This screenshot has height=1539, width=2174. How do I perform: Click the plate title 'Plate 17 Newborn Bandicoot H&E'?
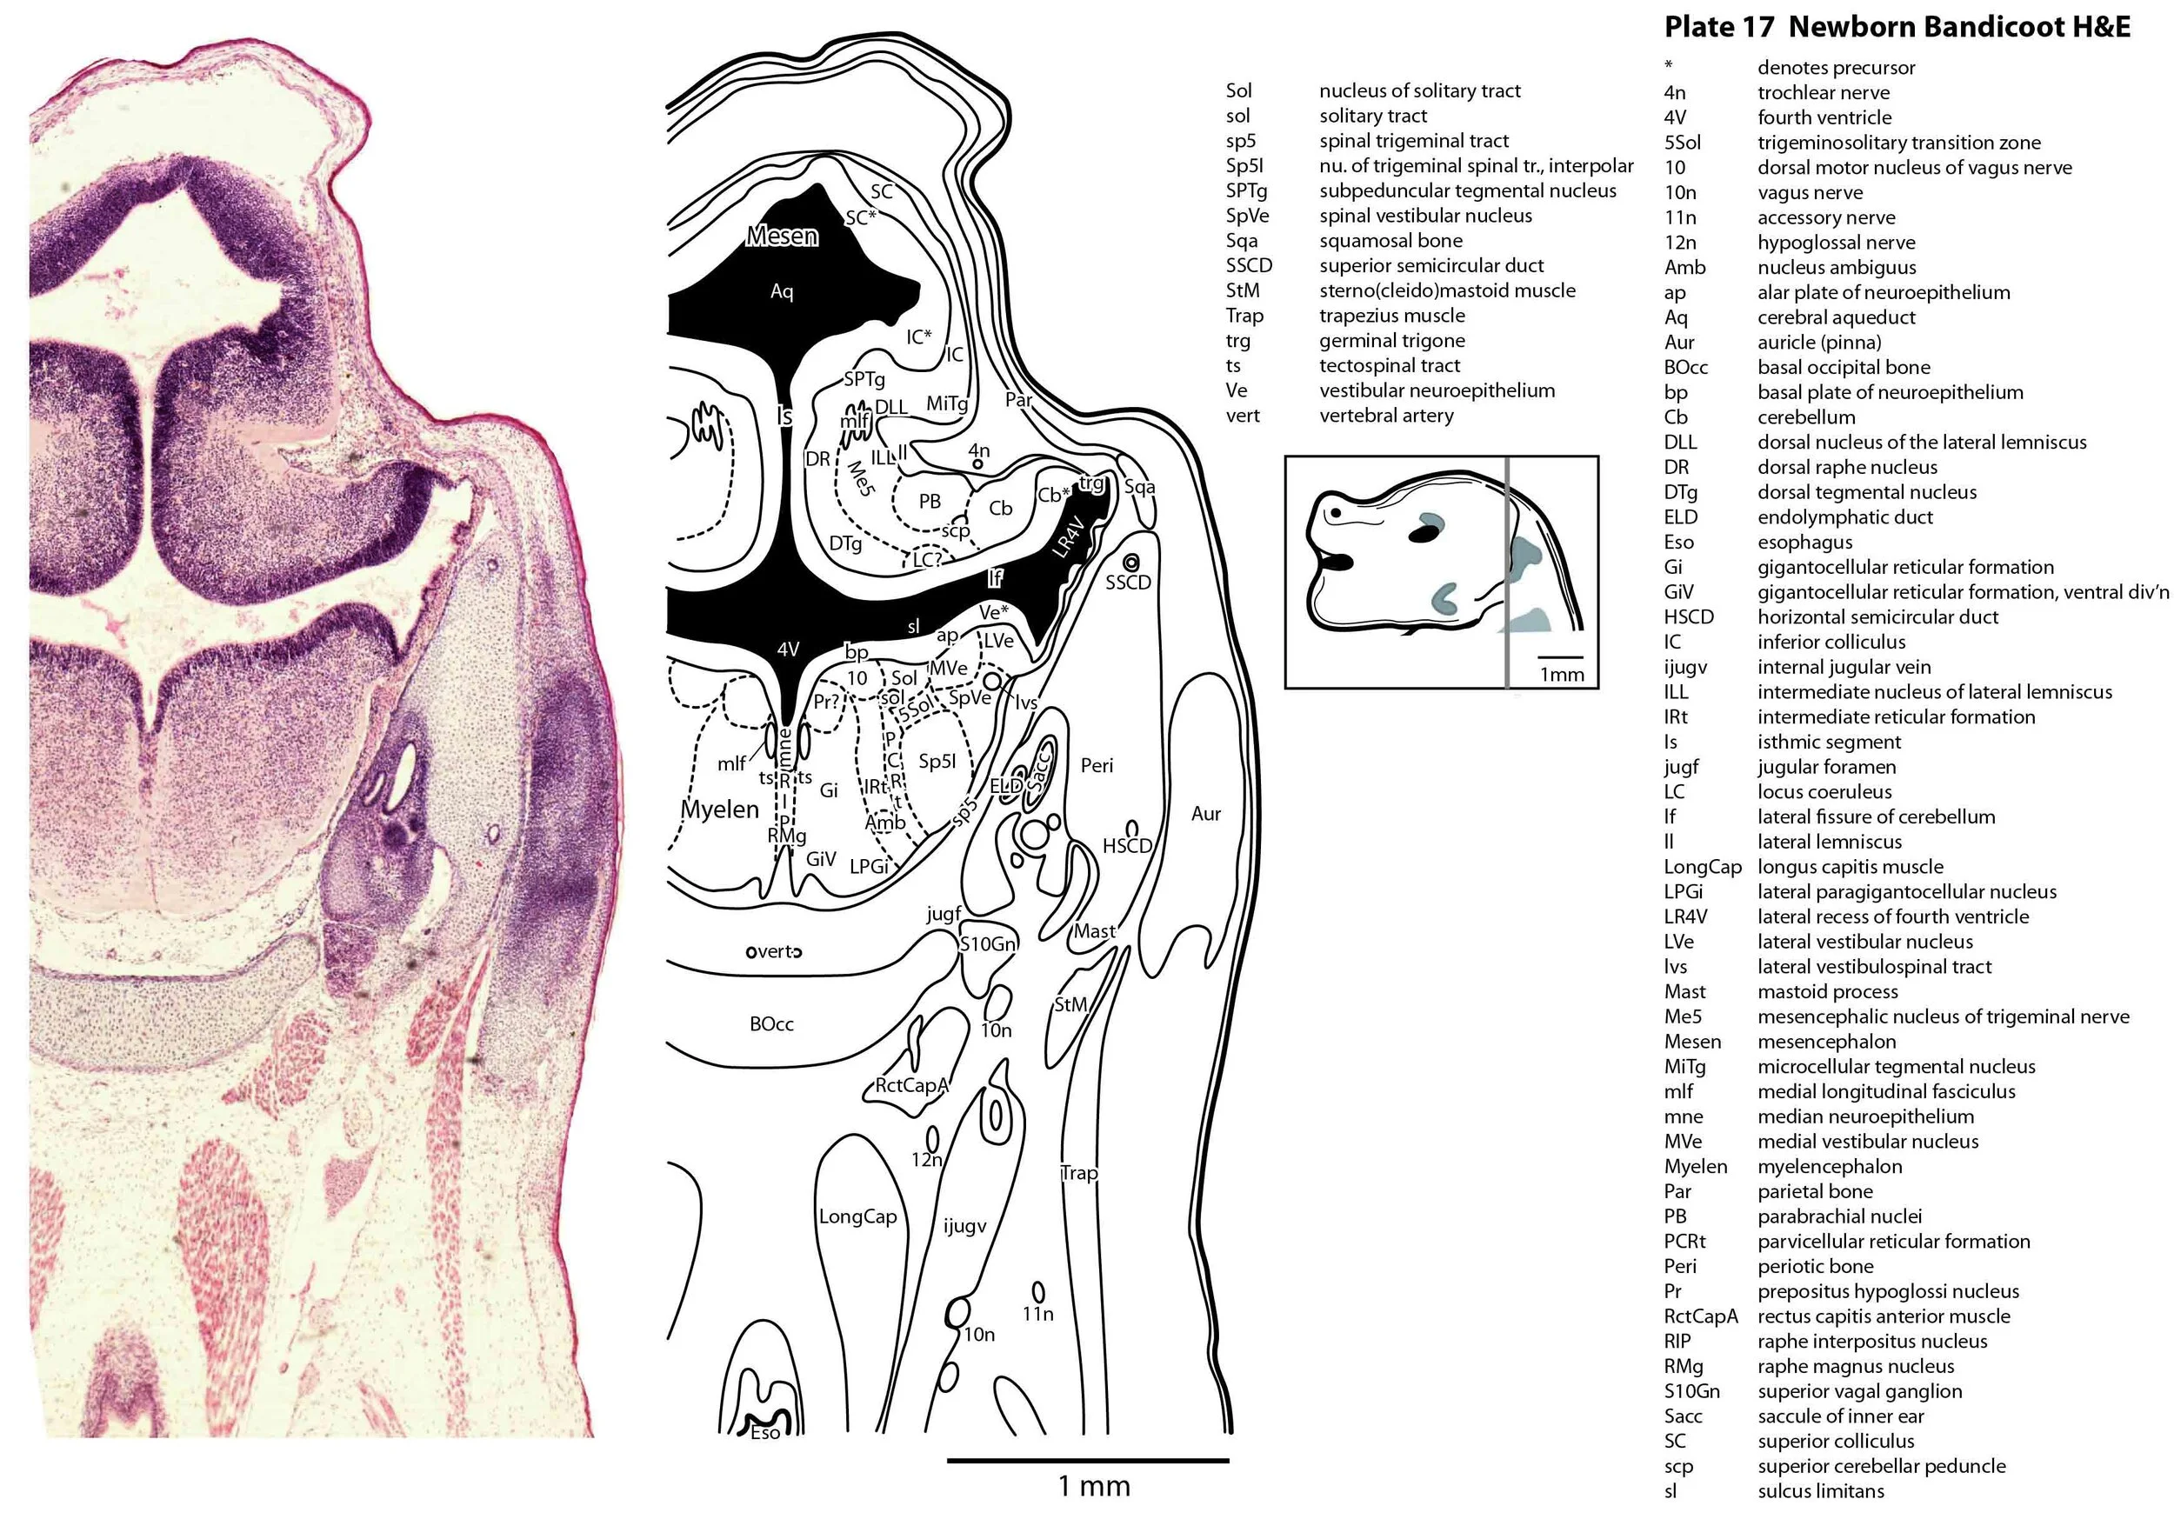[x=1897, y=27]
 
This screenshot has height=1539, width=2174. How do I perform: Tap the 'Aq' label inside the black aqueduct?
[x=781, y=291]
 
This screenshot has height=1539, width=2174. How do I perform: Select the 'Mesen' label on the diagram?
[x=781, y=236]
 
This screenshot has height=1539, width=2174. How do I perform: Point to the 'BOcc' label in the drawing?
[x=770, y=1024]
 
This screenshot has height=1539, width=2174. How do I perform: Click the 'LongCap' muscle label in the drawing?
[x=857, y=1216]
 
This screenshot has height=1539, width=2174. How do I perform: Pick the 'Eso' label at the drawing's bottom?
[x=764, y=1433]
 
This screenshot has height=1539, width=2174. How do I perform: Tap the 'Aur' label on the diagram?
[x=1205, y=814]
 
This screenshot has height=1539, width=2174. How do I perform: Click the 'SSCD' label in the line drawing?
[x=1128, y=583]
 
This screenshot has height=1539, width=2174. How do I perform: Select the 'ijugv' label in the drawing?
[x=964, y=1226]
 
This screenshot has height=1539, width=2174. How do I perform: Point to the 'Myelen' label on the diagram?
[x=719, y=809]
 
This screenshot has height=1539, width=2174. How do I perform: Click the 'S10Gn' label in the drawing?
[x=988, y=944]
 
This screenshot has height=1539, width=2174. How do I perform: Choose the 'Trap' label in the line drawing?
[x=1078, y=1173]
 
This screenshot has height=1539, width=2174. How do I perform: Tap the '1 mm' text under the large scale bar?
[x=1094, y=1486]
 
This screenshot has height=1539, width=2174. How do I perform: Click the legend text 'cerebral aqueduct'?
[x=1836, y=317]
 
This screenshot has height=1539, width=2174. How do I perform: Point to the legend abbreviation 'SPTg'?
[x=1246, y=190]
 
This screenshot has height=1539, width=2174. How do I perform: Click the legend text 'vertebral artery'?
[x=1385, y=415]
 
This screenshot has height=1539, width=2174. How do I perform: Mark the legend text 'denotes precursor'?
[x=1836, y=67]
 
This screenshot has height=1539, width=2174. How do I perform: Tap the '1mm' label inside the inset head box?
[x=1561, y=674]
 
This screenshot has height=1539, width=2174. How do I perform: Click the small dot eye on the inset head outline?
[x=1336, y=513]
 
